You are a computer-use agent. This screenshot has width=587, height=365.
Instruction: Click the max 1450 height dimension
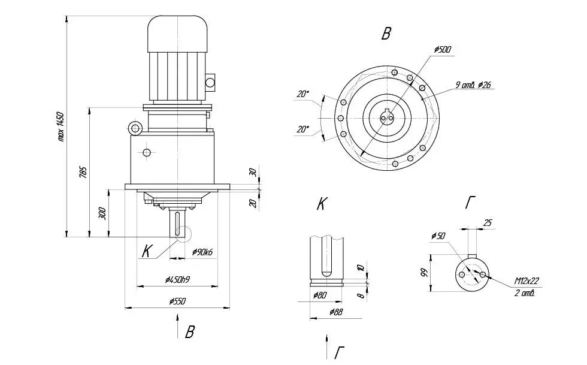[x=62, y=126]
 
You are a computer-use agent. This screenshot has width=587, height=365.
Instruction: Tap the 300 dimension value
[x=104, y=213]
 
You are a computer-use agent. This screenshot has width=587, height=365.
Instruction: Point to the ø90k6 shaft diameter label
[x=202, y=252]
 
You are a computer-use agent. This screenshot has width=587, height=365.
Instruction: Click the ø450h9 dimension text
[x=177, y=279]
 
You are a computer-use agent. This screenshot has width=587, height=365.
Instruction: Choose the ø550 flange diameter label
[x=177, y=301]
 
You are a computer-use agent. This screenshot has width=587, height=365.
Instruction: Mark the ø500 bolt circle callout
[x=443, y=50]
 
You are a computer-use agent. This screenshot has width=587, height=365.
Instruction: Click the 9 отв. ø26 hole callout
[x=473, y=85]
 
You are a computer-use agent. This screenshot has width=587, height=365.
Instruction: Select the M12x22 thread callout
[x=527, y=280]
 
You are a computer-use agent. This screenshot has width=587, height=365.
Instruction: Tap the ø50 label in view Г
[x=438, y=236]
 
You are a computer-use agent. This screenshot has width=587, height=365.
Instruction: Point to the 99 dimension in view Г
[x=424, y=273]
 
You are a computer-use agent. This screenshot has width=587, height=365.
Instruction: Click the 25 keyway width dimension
[x=488, y=223]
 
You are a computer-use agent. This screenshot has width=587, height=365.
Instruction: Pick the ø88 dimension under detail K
[x=336, y=312]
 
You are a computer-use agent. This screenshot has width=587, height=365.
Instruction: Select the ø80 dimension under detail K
[x=320, y=295]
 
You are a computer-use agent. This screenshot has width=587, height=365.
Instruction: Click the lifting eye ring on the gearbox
[x=135, y=128]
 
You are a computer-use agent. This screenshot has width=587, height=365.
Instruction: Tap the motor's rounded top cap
[x=178, y=34]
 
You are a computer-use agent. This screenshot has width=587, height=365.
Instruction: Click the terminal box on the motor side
[x=211, y=82]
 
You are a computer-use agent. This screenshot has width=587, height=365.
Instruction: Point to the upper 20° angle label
[x=303, y=94]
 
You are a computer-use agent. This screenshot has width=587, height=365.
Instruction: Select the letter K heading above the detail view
[x=322, y=204]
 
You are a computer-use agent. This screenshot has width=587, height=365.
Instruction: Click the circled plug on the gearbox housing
[x=146, y=152]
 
